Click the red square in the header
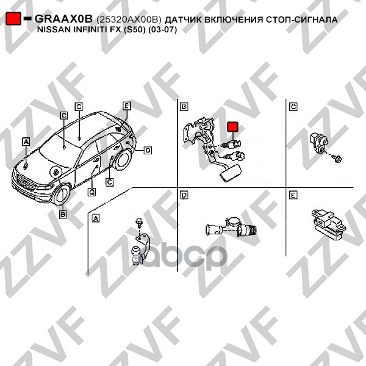[x=13, y=18]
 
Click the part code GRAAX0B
[x=63, y=19]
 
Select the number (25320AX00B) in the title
[x=129, y=20]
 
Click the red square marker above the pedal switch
[x=233, y=127]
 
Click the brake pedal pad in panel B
[x=229, y=173]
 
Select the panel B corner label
[x=184, y=107]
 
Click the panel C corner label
[x=293, y=107]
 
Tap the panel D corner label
[x=184, y=195]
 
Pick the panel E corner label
[x=293, y=195]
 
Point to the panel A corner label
[x=96, y=218]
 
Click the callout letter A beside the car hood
[x=26, y=142]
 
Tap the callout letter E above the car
[x=127, y=106]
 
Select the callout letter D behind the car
[x=148, y=150]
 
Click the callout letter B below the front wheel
[x=63, y=214]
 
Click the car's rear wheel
[x=121, y=159]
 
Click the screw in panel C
[x=337, y=159]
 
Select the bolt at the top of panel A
[x=139, y=222]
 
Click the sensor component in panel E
[x=328, y=223]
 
